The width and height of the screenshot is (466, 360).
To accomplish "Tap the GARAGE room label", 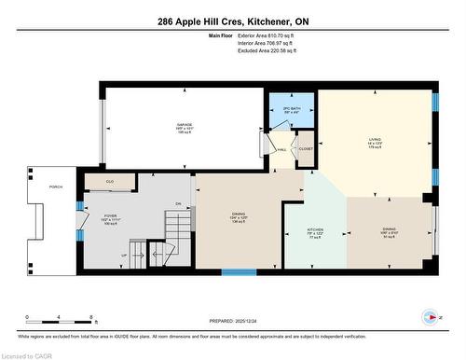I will pos(184,124).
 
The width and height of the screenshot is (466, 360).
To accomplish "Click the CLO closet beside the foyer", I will pos(109,181).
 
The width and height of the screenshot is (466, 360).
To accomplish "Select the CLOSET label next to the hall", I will pos(306,146).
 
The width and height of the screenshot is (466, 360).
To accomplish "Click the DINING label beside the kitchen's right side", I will pos(387,230).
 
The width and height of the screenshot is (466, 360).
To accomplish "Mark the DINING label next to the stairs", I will pos(239,215).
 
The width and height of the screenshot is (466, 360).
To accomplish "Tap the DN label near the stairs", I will pos(177,203).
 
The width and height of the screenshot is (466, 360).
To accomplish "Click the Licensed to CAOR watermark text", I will pos(27,354).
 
